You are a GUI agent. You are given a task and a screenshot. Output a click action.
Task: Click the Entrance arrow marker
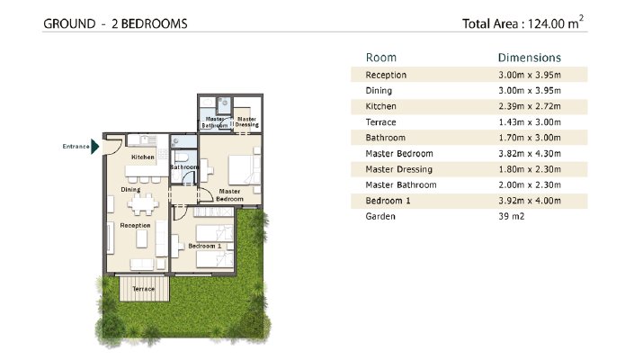[95, 147]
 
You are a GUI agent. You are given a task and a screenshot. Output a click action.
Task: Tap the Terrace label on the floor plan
[144, 289]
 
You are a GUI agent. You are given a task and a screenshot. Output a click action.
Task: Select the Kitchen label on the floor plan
[143, 157]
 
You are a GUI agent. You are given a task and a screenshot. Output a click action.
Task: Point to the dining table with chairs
[142, 204]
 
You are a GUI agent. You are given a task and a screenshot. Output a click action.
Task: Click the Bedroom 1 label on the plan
[205, 246]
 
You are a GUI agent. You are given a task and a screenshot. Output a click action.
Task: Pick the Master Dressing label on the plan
[247, 121]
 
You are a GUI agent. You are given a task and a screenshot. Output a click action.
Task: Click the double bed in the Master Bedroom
[245, 170]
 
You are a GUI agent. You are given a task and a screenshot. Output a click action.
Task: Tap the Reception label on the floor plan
[135, 225]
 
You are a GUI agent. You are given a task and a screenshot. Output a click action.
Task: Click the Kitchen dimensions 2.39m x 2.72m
[530, 106]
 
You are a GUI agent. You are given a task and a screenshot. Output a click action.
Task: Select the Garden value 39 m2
[512, 216]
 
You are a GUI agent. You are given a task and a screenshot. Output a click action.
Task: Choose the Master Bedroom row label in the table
[399, 154]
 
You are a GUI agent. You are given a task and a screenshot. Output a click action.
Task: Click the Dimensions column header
[530, 58]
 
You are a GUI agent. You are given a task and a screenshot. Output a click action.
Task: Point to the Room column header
[381, 58]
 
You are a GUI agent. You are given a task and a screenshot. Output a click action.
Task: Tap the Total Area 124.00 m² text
[522, 22]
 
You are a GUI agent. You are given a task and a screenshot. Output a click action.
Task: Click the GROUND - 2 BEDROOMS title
[115, 23]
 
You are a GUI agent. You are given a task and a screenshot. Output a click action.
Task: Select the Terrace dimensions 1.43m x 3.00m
[530, 122]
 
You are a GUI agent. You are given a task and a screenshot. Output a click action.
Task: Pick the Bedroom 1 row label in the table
[388, 201]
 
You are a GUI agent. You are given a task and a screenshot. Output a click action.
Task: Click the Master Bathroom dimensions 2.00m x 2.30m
[530, 184]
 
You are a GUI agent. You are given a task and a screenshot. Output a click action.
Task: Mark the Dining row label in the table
[379, 91]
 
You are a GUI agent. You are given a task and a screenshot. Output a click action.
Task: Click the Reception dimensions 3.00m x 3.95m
[530, 75]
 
